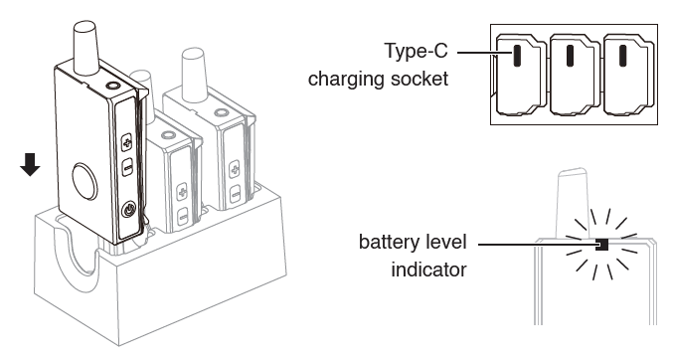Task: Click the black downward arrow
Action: [x=30, y=165]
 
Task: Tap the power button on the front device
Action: [x=129, y=210]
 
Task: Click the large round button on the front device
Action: [x=84, y=181]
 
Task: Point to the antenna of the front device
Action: [x=86, y=45]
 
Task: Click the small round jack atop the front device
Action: [x=112, y=86]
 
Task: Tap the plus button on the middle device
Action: [x=182, y=191]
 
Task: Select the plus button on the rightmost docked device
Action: [x=234, y=168]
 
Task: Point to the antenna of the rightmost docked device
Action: [x=193, y=74]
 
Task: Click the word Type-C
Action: [x=416, y=51]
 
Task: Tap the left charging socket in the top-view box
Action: [x=517, y=56]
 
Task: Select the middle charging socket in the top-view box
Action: [x=571, y=56]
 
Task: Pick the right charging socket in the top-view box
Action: [x=623, y=56]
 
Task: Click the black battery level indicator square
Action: [x=602, y=245]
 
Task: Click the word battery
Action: [x=393, y=242]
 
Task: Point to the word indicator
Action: [x=428, y=270]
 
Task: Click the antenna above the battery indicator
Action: [x=572, y=203]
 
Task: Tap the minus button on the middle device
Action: [x=183, y=216]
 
